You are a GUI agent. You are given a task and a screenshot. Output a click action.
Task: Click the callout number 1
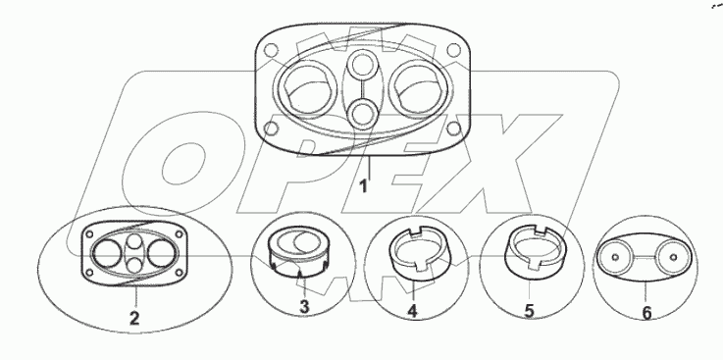(364, 186)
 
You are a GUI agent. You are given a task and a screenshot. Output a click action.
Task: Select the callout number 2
(134, 319)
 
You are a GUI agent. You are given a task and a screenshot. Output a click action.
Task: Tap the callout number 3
(304, 306)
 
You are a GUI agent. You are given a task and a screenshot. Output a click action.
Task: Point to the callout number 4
(413, 311)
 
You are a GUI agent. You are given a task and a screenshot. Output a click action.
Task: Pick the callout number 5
(530, 311)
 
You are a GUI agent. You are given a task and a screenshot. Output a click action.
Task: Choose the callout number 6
(646, 314)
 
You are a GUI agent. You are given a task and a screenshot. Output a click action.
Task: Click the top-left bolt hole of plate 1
(272, 49)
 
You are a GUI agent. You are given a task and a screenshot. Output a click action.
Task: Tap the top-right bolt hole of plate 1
(454, 49)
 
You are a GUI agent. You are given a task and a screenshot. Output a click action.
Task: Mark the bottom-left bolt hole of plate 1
(272, 129)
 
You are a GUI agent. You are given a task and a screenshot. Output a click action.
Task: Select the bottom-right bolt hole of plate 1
(454, 129)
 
